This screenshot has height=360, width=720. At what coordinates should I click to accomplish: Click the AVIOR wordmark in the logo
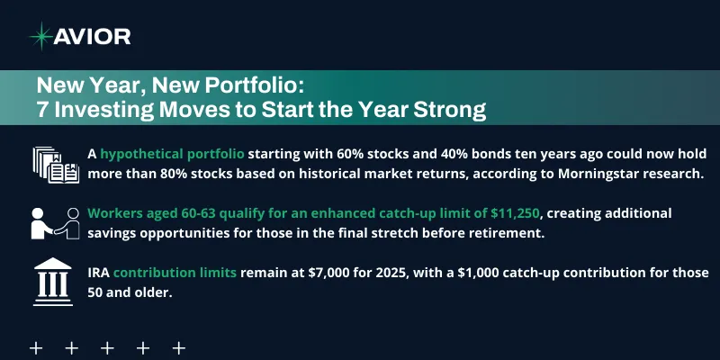click(93, 36)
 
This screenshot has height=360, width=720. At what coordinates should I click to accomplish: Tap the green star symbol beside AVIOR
click(40, 36)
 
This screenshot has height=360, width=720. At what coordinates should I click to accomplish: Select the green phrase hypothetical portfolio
click(173, 154)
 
